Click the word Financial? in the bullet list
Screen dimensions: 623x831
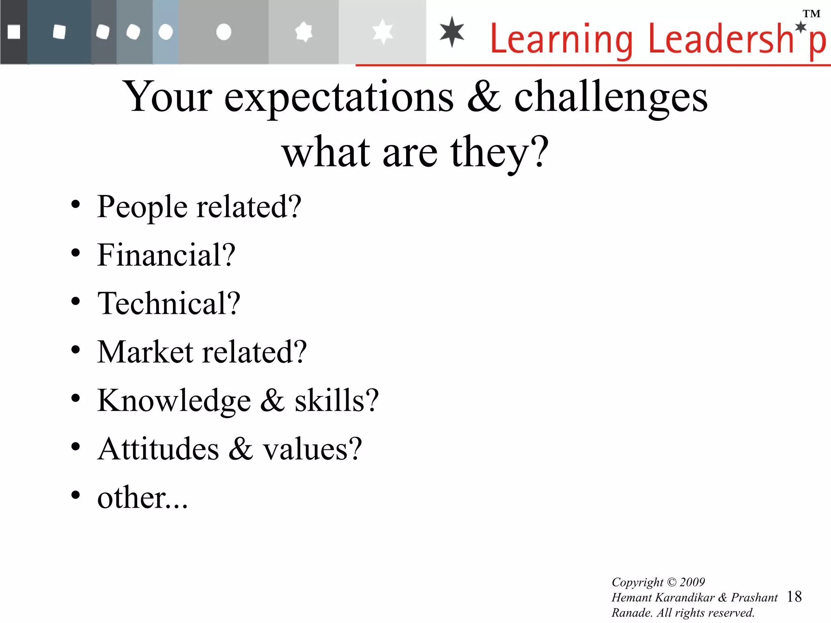pos(166,255)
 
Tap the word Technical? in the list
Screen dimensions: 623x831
pos(169,303)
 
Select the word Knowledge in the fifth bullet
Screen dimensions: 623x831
pos(174,401)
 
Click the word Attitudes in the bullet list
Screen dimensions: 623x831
pos(158,449)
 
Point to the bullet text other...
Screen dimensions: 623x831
pos(142,498)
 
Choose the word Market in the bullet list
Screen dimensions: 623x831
pos(145,352)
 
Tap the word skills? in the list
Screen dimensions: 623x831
pos(336,401)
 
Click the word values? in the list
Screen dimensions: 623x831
pos(312,449)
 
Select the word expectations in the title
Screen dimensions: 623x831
pos(339,97)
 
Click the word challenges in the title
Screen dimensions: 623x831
pos(611,97)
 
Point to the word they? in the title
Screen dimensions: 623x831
pos(499,153)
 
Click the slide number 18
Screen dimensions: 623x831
pos(794,597)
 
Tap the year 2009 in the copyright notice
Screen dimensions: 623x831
pos(692,582)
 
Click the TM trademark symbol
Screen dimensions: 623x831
pos(812,14)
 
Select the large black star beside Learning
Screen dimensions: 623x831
pos(452,32)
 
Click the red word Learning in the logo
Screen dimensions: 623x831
pos(561,39)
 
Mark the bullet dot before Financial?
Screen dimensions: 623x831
pos(75,253)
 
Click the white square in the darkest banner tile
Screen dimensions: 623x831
pos(14,32)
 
